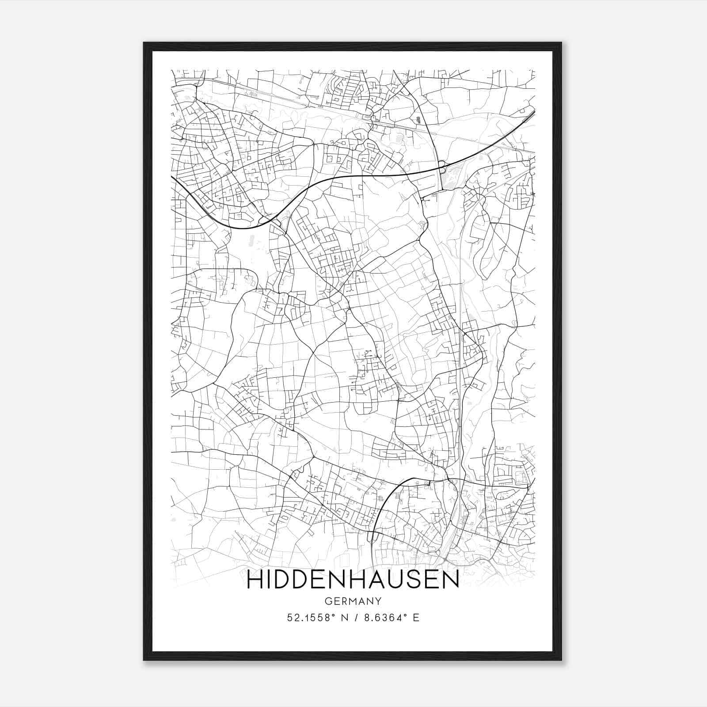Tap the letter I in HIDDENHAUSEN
271,580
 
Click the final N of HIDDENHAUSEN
451,580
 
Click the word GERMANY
353,601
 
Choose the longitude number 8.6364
380,618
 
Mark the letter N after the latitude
343,618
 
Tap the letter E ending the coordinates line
415,618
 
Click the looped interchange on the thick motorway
442,166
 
